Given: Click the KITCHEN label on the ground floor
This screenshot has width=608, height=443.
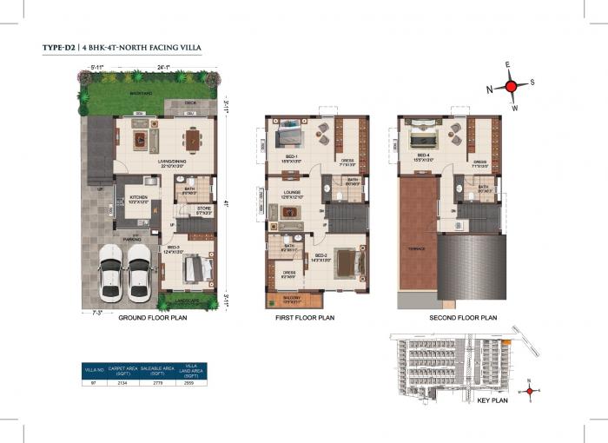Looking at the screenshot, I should pyautogui.click(x=139, y=198).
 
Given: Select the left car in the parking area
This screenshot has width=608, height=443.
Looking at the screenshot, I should pyautogui.click(x=112, y=271).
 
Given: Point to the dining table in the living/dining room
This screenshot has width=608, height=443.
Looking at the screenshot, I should pyautogui.click(x=194, y=137).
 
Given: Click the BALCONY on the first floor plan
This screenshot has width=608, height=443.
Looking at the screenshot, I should pyautogui.click(x=294, y=299).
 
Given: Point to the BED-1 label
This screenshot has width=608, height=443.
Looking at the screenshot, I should pyautogui.click(x=291, y=157).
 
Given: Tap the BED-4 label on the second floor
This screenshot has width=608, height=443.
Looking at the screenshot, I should pyautogui.click(x=425, y=157).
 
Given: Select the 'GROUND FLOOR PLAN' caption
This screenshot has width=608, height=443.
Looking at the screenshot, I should pyautogui.click(x=152, y=318).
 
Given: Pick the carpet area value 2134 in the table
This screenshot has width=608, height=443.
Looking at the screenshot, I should pyautogui.click(x=122, y=381).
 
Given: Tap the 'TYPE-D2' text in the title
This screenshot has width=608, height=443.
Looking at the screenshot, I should pyautogui.click(x=59, y=48).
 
